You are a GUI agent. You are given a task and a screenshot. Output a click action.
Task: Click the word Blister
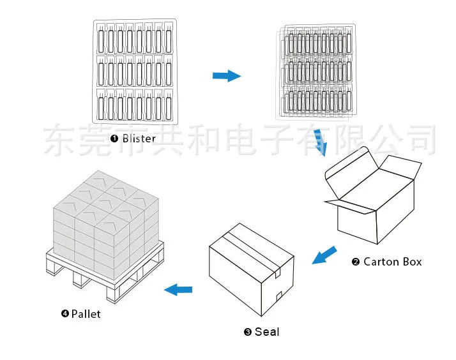point(139,139)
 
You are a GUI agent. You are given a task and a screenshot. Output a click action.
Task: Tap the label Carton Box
point(393,262)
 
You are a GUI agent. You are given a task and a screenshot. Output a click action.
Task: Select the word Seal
point(267,331)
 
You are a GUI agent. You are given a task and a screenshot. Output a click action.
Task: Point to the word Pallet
point(86,313)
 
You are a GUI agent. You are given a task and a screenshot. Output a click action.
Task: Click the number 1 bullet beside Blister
point(114,139)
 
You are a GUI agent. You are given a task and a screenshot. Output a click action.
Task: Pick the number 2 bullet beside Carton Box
point(356,262)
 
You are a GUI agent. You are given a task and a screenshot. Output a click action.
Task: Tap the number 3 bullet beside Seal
point(248,332)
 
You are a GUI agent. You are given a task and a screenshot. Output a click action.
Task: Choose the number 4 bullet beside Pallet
point(65,313)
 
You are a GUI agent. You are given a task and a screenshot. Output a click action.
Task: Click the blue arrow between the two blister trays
point(226,76)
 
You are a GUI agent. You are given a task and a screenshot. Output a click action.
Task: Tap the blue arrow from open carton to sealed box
point(324,255)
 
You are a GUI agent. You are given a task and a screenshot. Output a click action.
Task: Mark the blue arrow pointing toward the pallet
point(178,290)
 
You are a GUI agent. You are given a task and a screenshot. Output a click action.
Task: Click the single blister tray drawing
point(135,72)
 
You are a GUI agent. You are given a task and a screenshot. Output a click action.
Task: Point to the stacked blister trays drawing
point(317,72)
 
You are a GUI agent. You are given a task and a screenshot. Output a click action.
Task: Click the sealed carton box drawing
point(252,271)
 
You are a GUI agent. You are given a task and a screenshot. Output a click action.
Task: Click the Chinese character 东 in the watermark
point(59,139)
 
